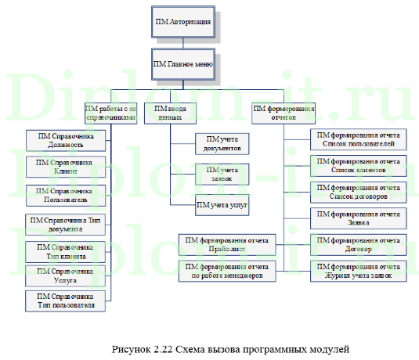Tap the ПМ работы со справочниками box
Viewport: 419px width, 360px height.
[x=111, y=113]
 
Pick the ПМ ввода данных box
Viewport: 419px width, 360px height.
[x=169, y=113]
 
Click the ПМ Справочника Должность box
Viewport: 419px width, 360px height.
[x=66, y=140]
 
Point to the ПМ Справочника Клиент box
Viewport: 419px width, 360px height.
[x=66, y=167]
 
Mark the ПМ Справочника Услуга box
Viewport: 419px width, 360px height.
[x=66, y=275]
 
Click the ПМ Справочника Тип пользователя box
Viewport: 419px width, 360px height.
[x=66, y=301]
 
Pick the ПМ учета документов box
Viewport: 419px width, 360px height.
[x=222, y=143]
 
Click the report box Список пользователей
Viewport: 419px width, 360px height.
[x=357, y=140]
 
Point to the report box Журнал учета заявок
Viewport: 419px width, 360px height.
[x=357, y=272]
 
